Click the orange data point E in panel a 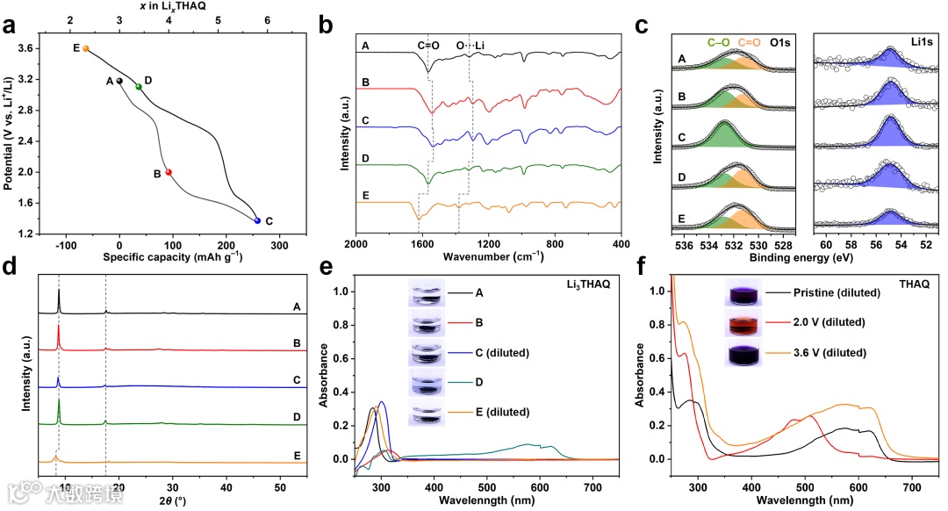pyautogui.click(x=85, y=48)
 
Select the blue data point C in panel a pyautogui.click(x=257, y=220)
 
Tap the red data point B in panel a pyautogui.click(x=169, y=172)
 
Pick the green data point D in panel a pyautogui.click(x=139, y=86)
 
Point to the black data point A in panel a pyautogui.click(x=119, y=81)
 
